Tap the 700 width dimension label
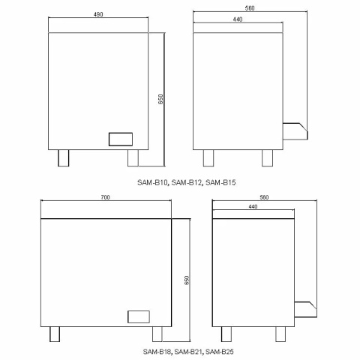(106, 196)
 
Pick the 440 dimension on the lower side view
(252, 206)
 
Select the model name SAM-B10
(152, 181)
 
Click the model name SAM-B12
(187, 181)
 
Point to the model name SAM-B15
(221, 181)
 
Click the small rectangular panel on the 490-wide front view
(120, 139)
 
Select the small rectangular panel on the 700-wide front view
(139, 316)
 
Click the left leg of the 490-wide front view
(63, 157)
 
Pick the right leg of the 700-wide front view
(157, 334)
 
